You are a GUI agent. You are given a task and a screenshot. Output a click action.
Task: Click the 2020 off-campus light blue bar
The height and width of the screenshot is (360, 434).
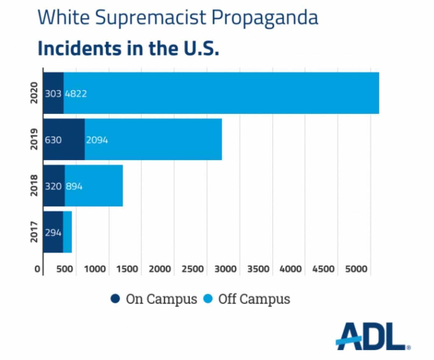pos(221,93)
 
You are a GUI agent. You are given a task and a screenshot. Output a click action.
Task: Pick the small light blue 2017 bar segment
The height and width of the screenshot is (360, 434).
pos(68,232)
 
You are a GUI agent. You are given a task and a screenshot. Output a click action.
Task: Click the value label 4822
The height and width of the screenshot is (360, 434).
pos(76,93)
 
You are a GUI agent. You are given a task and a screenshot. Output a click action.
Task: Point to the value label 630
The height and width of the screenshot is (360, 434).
pos(53,140)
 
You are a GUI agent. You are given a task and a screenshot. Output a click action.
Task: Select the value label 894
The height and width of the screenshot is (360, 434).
pos(74,186)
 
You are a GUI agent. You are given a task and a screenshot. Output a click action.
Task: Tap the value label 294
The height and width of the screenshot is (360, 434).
pos(53,233)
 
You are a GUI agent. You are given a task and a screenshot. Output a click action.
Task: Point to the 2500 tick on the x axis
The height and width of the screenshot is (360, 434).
pos(192,269)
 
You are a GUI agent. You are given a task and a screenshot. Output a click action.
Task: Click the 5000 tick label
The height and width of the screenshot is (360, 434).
pos(356,269)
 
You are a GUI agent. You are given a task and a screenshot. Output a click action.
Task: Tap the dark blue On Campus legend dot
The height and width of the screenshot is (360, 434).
pos(115,299)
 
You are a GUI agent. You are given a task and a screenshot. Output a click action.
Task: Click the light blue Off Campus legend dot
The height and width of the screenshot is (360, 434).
pos(208,299)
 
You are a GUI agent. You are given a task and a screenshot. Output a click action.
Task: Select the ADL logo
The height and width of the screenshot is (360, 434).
pos(373,336)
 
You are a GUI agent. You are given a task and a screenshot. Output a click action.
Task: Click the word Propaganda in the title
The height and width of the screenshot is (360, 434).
pos(265,17)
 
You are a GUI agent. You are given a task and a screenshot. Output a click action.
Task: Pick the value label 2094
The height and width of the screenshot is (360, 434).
pos(97,140)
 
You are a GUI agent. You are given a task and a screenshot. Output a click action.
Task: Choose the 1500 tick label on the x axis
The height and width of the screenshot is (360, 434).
pos(127,269)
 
